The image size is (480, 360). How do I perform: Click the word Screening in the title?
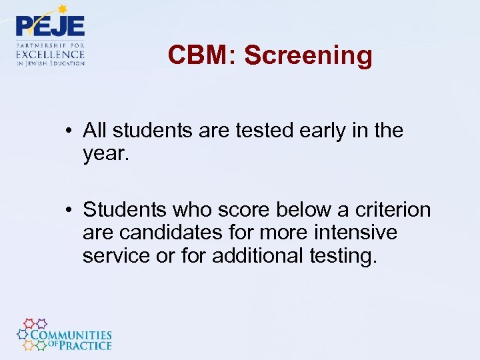[308, 55]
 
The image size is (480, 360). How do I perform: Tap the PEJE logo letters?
[51, 27]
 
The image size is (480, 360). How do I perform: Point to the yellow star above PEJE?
[63, 9]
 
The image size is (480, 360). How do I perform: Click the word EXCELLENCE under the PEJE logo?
[51, 54]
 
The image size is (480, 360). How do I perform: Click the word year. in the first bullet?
[105, 154]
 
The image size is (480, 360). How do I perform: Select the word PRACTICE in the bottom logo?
[83, 345]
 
